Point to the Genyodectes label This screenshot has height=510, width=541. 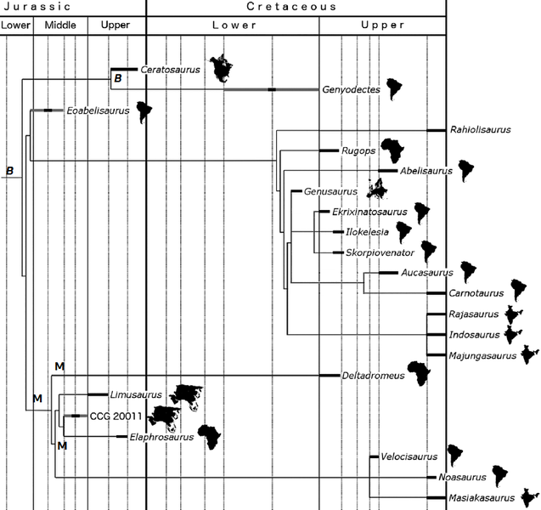(350, 89)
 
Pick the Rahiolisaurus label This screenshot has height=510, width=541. (480, 130)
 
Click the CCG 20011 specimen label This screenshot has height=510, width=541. (116, 416)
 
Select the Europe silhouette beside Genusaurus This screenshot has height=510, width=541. (376, 187)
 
